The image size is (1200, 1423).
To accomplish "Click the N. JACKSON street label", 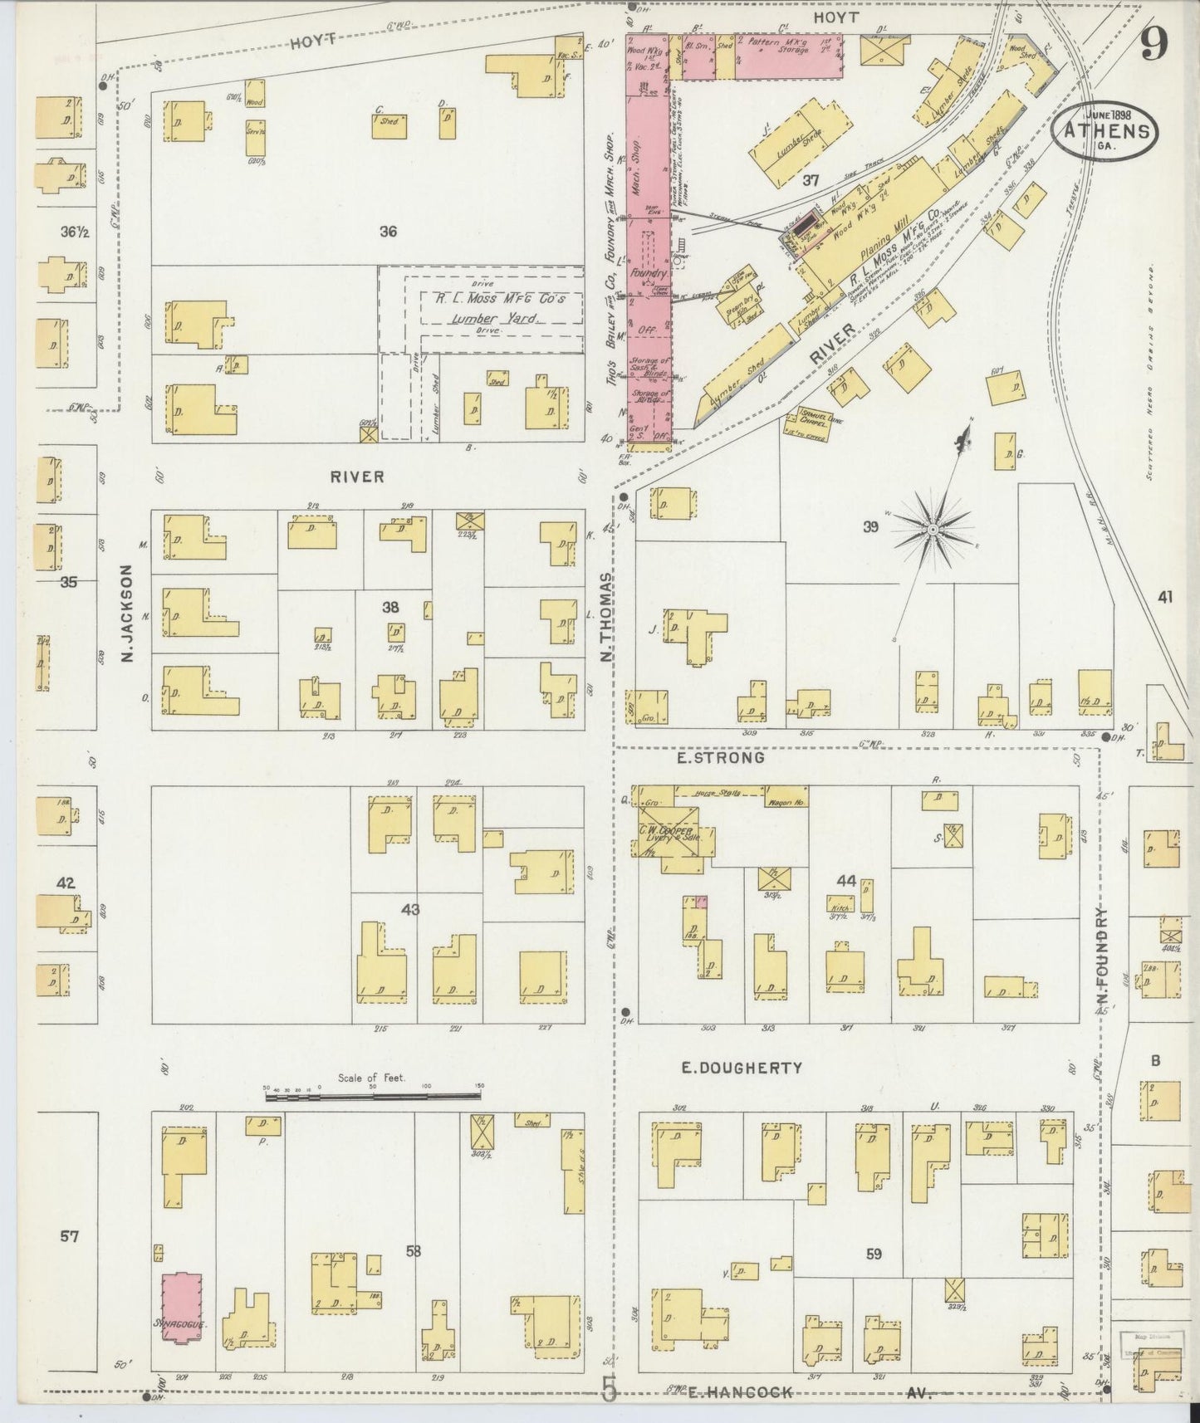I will [127, 614].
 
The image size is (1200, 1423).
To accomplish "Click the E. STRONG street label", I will [720, 757].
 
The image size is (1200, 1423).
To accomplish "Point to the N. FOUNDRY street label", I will [1104, 961].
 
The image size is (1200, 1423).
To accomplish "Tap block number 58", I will [414, 1250].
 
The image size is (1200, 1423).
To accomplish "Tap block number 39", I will [869, 526].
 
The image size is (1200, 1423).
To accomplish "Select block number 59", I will [874, 1254].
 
